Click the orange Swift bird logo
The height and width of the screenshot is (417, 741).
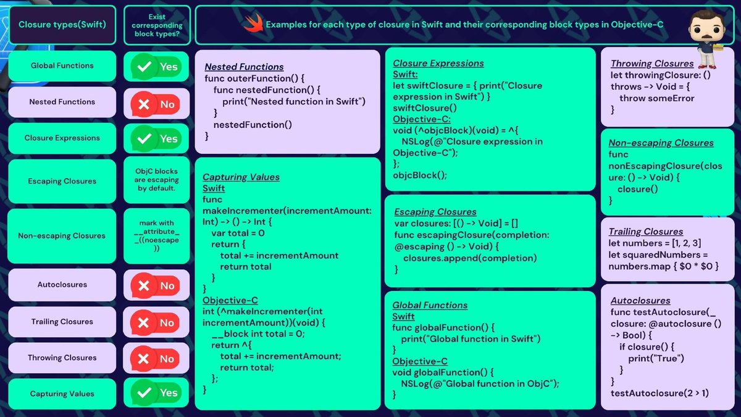click(x=253, y=23)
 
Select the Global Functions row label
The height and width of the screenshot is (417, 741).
click(x=62, y=65)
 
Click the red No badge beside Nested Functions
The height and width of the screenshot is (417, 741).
click(x=156, y=104)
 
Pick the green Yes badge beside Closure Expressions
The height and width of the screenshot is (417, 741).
click(x=156, y=138)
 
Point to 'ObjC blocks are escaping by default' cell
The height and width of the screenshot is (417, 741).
click(x=156, y=180)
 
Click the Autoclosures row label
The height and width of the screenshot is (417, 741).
click(x=62, y=285)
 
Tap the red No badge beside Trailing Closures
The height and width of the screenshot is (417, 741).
click(x=155, y=322)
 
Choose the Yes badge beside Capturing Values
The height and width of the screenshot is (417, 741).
click(x=156, y=392)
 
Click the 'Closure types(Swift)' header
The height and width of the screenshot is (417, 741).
click(x=62, y=25)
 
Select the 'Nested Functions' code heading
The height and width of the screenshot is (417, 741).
click(x=244, y=67)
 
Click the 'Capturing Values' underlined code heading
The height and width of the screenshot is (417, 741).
click(x=241, y=177)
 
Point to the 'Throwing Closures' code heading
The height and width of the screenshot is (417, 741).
click(x=652, y=64)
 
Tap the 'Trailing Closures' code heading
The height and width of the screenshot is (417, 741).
click(x=646, y=232)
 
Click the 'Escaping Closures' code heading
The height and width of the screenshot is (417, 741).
click(x=435, y=212)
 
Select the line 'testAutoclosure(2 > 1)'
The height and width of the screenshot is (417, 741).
click(x=659, y=393)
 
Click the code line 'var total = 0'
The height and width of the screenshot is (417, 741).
click(x=238, y=234)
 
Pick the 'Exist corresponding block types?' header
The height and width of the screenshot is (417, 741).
click(x=157, y=25)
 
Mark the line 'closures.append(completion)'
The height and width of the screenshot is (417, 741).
click(x=470, y=258)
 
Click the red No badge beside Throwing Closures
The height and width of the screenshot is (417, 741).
click(x=155, y=359)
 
